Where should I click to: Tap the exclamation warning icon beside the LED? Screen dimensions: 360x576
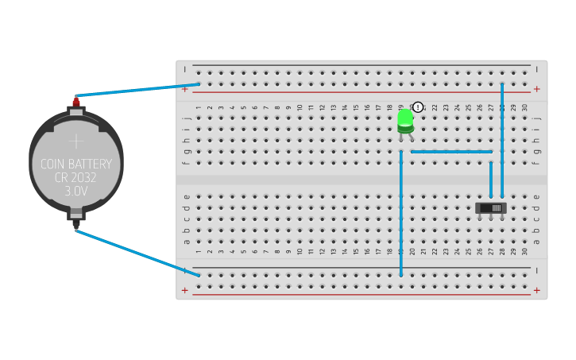(x=418, y=107)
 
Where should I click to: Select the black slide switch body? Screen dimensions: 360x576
(x=491, y=207)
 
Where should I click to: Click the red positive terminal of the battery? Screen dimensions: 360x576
(x=76, y=102)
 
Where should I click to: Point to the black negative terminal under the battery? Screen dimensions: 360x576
(x=76, y=224)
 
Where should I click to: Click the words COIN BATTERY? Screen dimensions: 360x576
(x=76, y=165)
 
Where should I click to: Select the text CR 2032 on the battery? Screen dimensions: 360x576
(x=76, y=178)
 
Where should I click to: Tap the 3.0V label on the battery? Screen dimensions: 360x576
(x=76, y=192)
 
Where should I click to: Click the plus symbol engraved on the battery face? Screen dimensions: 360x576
(x=76, y=141)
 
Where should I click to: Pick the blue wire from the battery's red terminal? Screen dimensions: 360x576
(x=135, y=90)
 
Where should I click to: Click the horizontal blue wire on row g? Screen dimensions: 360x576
(x=451, y=151)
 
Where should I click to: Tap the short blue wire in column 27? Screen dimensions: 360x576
(x=491, y=179)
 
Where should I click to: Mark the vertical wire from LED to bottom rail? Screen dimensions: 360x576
(x=401, y=215)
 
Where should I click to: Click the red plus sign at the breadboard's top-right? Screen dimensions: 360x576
(x=537, y=90)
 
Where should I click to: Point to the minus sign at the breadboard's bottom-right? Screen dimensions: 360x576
(x=537, y=271)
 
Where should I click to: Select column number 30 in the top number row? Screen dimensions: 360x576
(x=524, y=107)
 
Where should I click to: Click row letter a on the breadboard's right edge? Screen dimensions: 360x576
(x=537, y=242)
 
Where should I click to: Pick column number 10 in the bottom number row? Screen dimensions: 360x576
(x=300, y=251)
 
